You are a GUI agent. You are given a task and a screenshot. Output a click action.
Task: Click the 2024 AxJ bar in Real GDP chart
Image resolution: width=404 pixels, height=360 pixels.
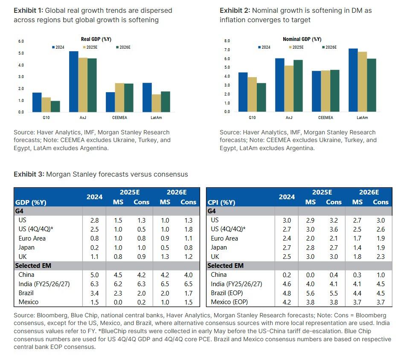pos(73,81)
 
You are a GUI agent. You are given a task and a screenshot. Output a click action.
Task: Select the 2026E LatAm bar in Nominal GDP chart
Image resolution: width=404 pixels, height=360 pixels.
pos(372,85)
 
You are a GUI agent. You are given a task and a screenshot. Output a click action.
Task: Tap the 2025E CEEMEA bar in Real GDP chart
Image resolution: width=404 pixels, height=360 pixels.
pos(119,98)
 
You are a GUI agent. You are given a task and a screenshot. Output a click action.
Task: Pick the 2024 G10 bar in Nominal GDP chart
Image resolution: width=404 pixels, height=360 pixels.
pos(243,92)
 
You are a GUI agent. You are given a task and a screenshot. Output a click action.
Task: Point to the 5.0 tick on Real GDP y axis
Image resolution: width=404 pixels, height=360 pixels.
pos(21,53)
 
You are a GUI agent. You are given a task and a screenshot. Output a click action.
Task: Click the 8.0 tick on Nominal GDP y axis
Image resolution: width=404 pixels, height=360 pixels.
pos(227,41)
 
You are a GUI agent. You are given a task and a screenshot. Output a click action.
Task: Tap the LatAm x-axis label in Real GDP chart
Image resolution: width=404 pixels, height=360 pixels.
pos(156,117)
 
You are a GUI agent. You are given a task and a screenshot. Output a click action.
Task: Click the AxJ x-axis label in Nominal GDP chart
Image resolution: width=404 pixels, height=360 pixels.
pos(289,117)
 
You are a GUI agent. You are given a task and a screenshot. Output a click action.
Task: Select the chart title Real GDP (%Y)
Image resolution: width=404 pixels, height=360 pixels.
pos(96,39)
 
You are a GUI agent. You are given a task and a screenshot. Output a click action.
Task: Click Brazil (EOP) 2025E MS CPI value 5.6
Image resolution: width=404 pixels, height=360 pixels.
pos(310,293)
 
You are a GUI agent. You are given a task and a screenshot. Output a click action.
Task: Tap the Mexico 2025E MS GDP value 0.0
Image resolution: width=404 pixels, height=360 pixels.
pos(118,302)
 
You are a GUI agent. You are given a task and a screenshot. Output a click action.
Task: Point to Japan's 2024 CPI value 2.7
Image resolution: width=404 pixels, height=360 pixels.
pos(287,247)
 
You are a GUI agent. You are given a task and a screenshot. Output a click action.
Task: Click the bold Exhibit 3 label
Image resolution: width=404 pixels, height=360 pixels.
pos(28,174)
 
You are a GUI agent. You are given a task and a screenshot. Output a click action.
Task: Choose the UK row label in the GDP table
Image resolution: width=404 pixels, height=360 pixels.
pos(23,256)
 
